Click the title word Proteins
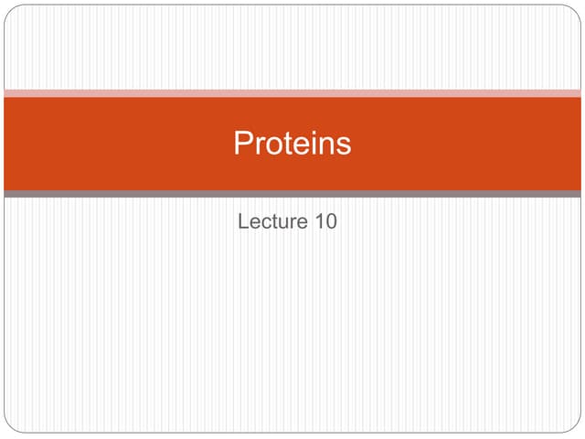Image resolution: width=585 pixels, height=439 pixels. tap(292, 144)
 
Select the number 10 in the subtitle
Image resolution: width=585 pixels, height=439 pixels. tap(326, 220)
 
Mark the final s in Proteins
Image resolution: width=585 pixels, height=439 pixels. tap(344, 145)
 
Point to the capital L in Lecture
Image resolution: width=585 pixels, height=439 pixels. tap(243, 220)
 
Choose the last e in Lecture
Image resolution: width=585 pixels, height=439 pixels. tap(303, 222)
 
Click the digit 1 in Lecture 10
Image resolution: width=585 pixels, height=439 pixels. tap(320, 220)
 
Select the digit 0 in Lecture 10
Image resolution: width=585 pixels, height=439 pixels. tap(331, 220)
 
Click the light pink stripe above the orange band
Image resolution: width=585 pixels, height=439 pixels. tap(292, 93)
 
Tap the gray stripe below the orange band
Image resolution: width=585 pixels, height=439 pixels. tap(292, 194)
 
